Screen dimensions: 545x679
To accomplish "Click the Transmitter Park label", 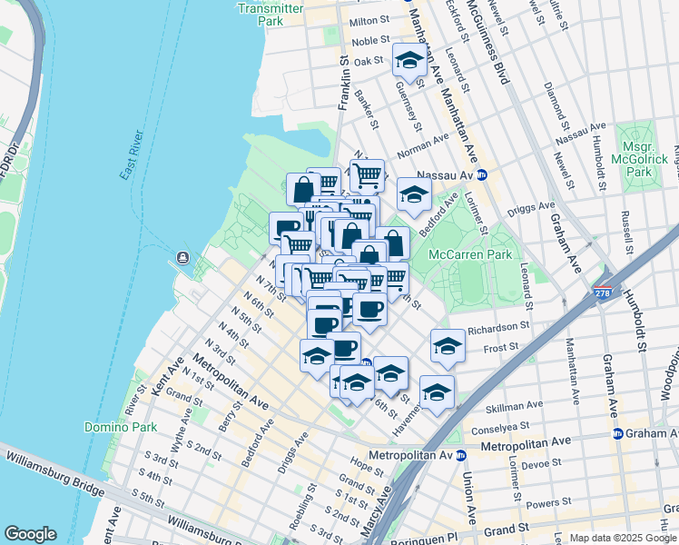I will [x=270, y=14].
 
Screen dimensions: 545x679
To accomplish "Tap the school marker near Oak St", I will [x=409, y=62].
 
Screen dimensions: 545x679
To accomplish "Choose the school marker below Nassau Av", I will [x=413, y=193].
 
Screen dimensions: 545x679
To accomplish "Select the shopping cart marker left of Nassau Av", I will [x=367, y=173].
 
